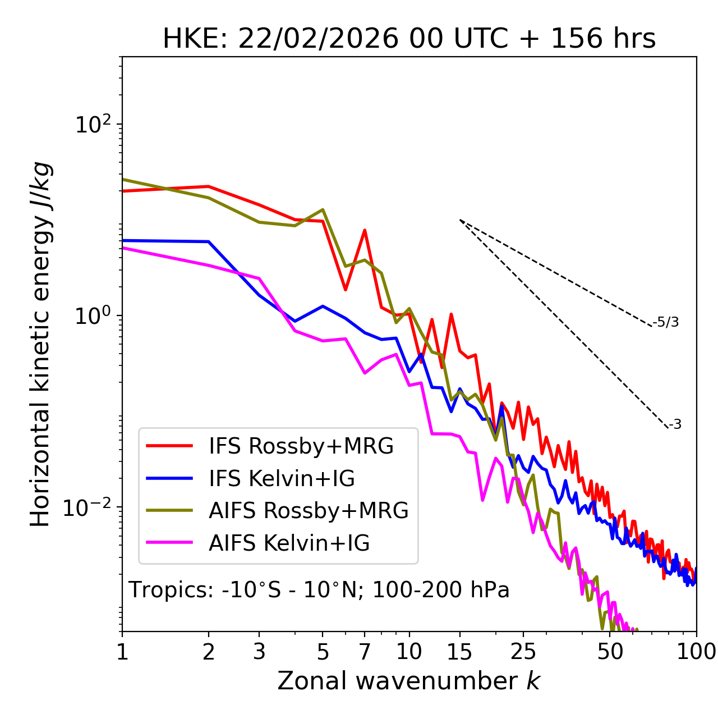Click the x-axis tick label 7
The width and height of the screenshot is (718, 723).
[x=365, y=652]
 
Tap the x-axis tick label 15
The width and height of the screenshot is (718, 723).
[x=459, y=652]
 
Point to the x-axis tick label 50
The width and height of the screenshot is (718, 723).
[x=610, y=652]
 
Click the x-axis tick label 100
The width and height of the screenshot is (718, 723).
[x=696, y=652]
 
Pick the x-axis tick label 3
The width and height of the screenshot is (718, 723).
[x=259, y=652]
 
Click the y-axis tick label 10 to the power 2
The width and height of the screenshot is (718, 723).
[x=93, y=125]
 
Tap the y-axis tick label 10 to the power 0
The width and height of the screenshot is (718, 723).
[x=93, y=316]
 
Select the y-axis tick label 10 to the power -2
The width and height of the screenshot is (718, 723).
[x=90, y=507]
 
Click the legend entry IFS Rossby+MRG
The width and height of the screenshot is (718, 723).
[x=301, y=446]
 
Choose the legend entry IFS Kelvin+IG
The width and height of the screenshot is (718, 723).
[x=282, y=479]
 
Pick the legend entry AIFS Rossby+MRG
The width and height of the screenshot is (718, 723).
[x=309, y=511]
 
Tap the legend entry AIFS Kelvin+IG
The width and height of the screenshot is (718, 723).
[x=289, y=543]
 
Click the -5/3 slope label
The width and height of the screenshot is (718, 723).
[x=666, y=322]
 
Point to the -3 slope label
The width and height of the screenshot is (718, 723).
[x=675, y=425]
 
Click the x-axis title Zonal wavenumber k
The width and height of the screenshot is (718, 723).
[x=409, y=681]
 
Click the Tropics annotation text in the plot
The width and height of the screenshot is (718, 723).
[x=319, y=590]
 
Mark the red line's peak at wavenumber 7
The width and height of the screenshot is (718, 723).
[x=365, y=230]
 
